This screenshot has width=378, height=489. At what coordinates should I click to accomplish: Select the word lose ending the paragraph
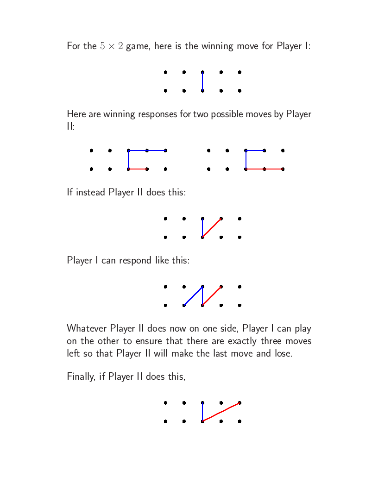pyautogui.click(x=283, y=353)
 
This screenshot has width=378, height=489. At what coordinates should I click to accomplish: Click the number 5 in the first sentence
pyautogui.click(x=103, y=46)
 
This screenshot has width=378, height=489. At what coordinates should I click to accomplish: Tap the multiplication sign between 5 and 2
pyautogui.click(x=111, y=46)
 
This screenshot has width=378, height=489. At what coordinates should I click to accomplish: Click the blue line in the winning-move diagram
pyautogui.click(x=202, y=81)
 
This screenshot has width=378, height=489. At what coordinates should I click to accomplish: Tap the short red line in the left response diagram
pyautogui.click(x=138, y=169)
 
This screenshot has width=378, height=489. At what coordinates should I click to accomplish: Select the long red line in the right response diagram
pyautogui.click(x=265, y=169)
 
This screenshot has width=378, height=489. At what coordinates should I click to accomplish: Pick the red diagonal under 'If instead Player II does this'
pyautogui.click(x=212, y=228)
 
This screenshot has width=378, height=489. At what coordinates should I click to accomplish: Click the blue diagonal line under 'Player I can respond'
pyautogui.click(x=193, y=296)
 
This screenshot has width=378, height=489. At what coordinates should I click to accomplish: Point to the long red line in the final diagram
pyautogui.click(x=221, y=412)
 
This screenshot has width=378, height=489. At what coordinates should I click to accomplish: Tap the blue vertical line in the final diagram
pyautogui.click(x=202, y=412)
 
